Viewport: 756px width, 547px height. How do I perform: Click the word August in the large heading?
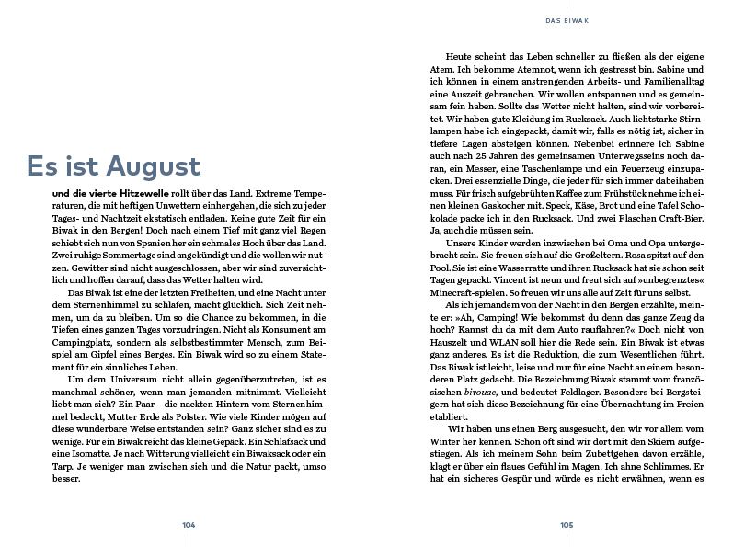pyautogui.click(x=153, y=166)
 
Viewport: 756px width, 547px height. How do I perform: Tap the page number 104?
pyautogui.click(x=189, y=524)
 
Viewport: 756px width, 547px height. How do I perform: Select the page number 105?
pyautogui.click(x=567, y=524)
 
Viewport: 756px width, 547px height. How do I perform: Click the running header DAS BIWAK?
pyautogui.click(x=567, y=20)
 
